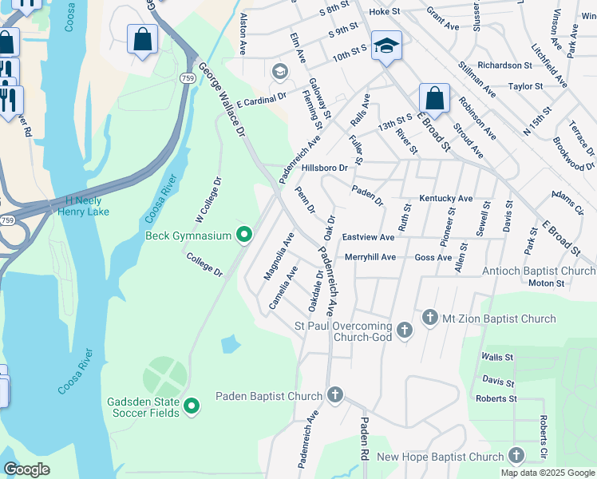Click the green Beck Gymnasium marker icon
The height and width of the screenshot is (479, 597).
pyautogui.click(x=244, y=236)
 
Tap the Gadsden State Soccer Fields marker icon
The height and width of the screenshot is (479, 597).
pyautogui.click(x=191, y=407)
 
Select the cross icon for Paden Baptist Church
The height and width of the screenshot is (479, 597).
pyautogui.click(x=335, y=396)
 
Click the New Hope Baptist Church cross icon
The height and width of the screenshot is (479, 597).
pyautogui.click(x=516, y=457)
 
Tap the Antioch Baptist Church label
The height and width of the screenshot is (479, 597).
pyautogui.click(x=539, y=271)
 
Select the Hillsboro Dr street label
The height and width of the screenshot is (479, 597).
pyautogui.click(x=325, y=168)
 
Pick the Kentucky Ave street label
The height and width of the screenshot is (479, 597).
pyautogui.click(x=446, y=198)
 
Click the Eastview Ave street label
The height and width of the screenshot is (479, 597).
pyautogui.click(x=368, y=237)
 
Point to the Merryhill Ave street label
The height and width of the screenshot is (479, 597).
pyautogui.click(x=370, y=257)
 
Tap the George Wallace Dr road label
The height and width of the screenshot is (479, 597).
pyautogui.click(x=220, y=99)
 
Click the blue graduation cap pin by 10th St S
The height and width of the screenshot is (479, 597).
pyautogui.click(x=386, y=47)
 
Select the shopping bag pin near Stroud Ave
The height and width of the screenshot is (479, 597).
pyautogui.click(x=434, y=100)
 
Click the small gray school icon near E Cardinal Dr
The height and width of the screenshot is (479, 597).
pyautogui.click(x=279, y=73)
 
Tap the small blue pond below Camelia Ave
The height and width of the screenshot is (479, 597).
pyautogui.click(x=230, y=344)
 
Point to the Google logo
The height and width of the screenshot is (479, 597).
pyautogui.click(x=26, y=469)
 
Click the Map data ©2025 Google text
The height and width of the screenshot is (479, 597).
pyautogui.click(x=547, y=473)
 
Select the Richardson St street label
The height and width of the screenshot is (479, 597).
pyautogui.click(x=504, y=65)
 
